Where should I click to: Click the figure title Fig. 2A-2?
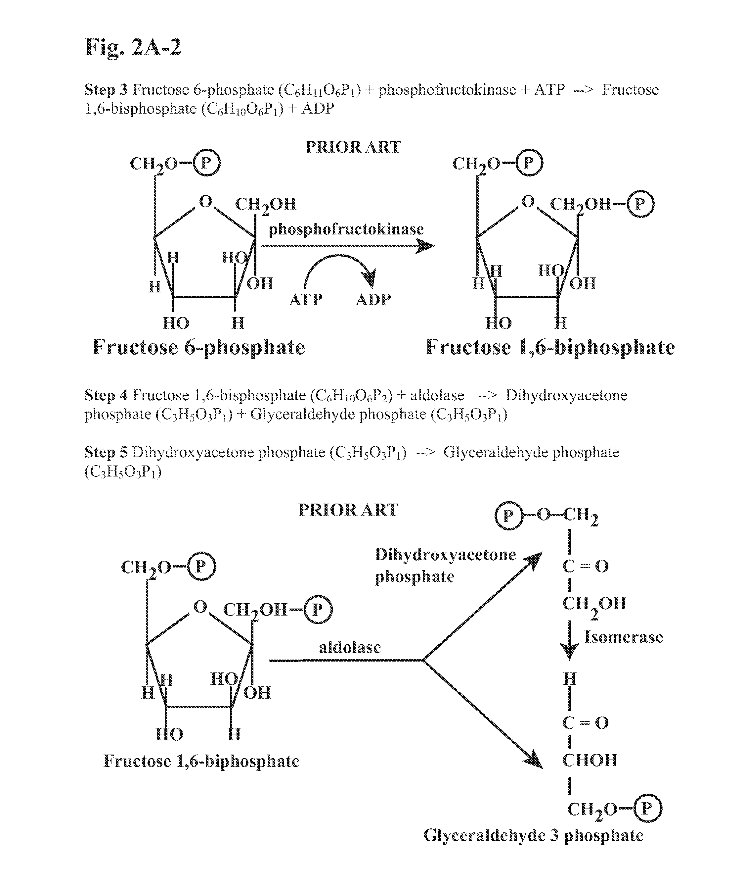133,47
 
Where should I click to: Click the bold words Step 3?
106,90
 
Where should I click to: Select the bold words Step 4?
106,395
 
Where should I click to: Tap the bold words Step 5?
106,452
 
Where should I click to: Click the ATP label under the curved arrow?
306,300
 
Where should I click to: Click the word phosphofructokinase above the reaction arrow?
346,229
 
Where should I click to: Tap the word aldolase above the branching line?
350,647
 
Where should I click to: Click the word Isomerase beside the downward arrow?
623,637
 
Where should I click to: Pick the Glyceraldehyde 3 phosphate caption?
533,835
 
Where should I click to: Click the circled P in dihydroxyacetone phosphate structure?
508,516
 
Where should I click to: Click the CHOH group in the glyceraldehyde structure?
590,760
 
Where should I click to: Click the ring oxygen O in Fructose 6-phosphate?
205,201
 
